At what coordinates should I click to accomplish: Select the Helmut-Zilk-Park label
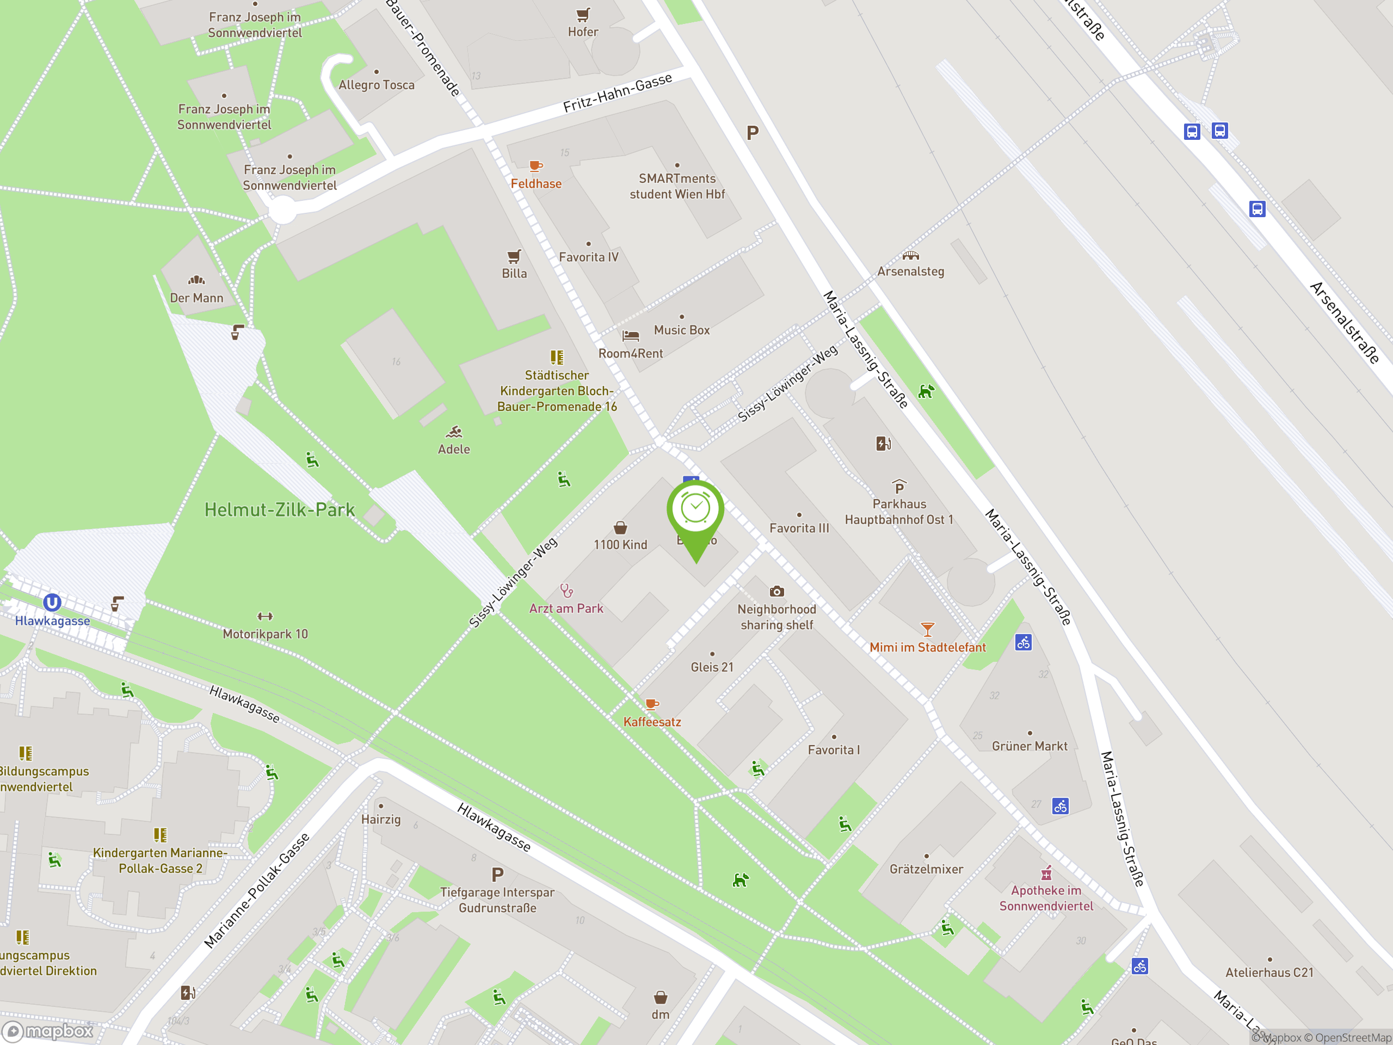coord(280,509)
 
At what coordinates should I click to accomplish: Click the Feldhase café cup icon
coord(535,167)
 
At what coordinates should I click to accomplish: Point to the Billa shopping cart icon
coord(514,256)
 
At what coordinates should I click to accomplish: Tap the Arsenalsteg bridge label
coord(910,272)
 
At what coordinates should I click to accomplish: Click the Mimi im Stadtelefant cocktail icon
coord(927,629)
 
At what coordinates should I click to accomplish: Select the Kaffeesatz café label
coord(652,722)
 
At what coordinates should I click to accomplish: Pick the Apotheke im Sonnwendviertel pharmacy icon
coord(1046,873)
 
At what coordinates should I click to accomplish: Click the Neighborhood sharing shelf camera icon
coord(776,592)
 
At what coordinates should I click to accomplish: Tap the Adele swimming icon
coord(454,432)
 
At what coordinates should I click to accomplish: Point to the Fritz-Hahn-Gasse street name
coord(617,93)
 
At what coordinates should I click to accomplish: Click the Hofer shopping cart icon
coord(583,15)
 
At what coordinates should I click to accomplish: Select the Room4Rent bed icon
coord(630,336)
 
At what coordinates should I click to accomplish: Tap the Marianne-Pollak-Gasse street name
coord(257,890)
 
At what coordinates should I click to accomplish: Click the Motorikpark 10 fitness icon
coord(265,617)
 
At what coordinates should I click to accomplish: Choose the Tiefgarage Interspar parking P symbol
coord(497,874)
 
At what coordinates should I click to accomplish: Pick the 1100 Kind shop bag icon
coord(620,528)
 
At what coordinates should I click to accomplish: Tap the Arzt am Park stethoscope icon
coord(566,591)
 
